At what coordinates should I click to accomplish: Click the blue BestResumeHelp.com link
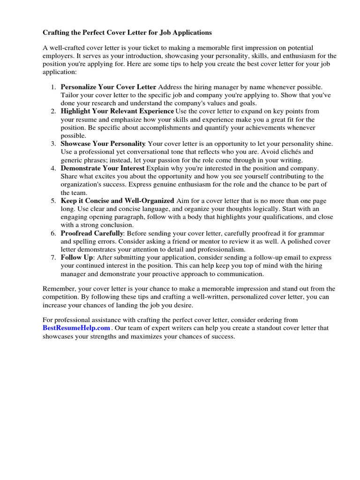click(76, 328)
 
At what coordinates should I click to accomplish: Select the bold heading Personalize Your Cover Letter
click(108, 87)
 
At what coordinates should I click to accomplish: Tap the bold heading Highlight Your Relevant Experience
click(117, 111)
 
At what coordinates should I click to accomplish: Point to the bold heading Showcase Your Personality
click(103, 143)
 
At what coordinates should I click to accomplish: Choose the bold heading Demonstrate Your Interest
click(103, 168)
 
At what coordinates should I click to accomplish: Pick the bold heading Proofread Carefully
click(92, 233)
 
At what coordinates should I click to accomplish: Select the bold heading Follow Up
click(77, 257)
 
